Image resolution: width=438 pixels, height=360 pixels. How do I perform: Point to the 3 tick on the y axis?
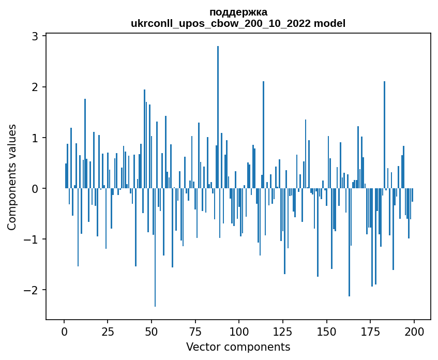pos(35,36)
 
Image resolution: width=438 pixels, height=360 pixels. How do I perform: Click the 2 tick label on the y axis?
pos(35,87)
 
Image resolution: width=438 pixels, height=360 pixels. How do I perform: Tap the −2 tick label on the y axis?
pos(31,290)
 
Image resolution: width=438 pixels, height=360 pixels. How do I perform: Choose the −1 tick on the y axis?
pos(31,239)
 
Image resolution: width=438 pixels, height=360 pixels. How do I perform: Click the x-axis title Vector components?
pos(238,347)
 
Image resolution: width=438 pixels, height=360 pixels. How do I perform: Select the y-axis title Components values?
pos(12,177)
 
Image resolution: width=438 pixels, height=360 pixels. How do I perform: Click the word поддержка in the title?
pos(238,12)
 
